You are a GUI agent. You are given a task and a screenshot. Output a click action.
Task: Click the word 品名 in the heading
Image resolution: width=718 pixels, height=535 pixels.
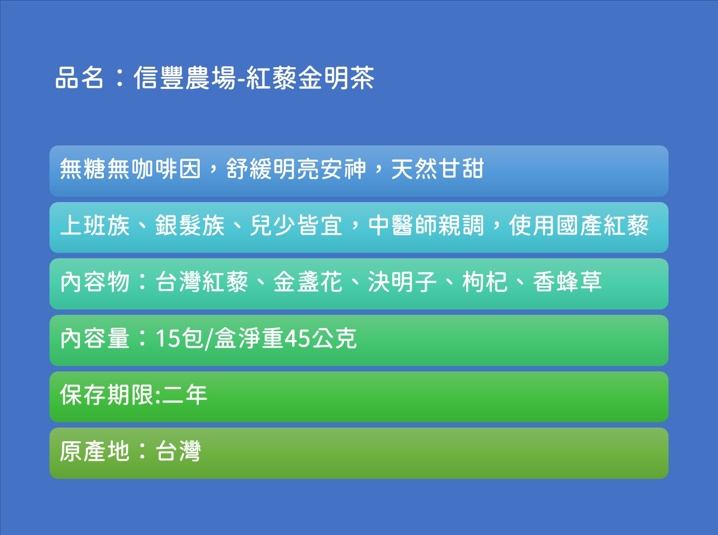(x=79, y=78)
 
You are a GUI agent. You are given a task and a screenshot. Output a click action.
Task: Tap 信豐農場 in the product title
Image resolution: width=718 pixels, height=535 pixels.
(x=185, y=78)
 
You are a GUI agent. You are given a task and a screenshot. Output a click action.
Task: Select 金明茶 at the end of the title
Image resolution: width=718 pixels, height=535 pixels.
(x=336, y=78)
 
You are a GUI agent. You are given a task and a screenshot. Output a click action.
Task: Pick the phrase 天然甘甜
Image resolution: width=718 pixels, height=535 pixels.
(x=438, y=168)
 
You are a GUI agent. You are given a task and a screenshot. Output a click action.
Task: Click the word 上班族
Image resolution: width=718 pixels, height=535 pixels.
(x=95, y=225)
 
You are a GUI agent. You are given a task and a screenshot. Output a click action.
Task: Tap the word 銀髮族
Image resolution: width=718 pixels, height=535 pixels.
(x=190, y=225)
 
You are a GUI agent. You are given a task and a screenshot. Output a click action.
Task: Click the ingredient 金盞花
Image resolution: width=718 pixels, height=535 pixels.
(x=308, y=282)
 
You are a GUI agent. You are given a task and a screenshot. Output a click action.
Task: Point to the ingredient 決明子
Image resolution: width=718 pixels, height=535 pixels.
(x=403, y=282)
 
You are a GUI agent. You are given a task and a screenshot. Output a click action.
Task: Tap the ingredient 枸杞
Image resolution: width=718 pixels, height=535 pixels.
(x=485, y=282)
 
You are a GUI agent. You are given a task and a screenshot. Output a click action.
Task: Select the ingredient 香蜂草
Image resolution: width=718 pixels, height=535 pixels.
(x=567, y=282)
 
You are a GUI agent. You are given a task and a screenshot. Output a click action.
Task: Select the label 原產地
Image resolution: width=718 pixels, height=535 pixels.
(x=95, y=451)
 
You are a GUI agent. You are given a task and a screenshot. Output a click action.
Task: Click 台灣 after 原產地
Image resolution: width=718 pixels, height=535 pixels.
(x=179, y=451)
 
